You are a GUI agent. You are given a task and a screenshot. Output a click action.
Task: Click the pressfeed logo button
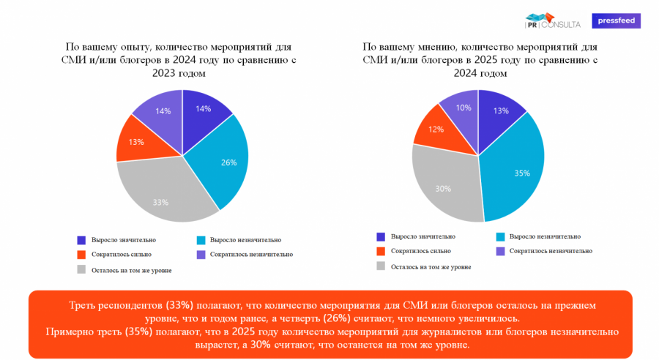click(x=616, y=21)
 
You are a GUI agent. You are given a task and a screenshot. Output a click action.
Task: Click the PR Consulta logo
click(x=553, y=21)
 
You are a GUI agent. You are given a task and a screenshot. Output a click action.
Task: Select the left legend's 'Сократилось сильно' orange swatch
click(x=81, y=255)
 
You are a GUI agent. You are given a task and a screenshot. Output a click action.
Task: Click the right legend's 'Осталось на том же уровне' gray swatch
click(x=381, y=266)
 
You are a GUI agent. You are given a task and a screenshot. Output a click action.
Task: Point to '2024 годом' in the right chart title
click(x=478, y=73)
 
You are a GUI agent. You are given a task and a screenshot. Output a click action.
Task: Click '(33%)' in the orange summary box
click(x=180, y=304)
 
